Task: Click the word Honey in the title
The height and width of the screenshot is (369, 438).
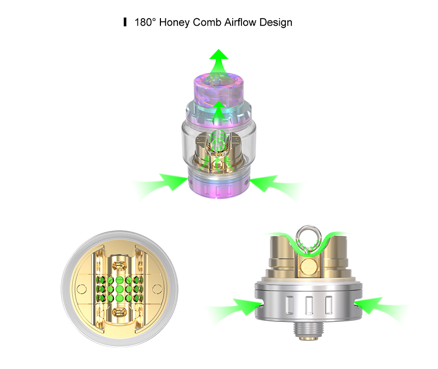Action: click(x=175, y=22)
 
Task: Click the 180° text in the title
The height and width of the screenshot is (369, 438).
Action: click(x=145, y=22)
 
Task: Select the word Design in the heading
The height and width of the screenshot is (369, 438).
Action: click(x=276, y=22)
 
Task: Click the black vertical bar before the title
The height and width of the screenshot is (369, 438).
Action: click(x=125, y=22)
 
